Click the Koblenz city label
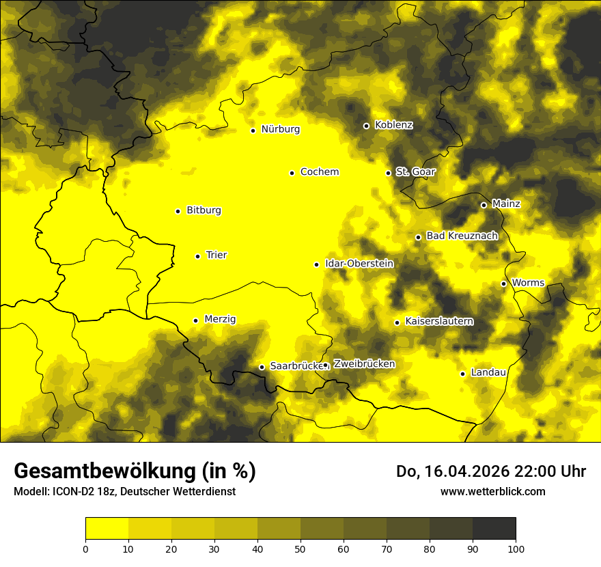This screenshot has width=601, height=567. [393, 125]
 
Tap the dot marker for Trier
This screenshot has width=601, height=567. [197, 256]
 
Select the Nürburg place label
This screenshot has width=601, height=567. [280, 129]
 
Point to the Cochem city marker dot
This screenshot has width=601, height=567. [292, 173]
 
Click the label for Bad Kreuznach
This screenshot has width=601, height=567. [462, 236]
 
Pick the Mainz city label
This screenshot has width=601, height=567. [505, 204]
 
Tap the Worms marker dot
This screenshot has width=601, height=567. [503, 283]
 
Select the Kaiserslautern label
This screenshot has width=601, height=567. [439, 321]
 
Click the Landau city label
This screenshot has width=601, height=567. [488, 372]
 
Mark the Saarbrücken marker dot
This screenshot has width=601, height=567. [262, 367]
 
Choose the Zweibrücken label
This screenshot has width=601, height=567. [364, 364]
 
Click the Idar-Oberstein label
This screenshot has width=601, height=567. [359, 264]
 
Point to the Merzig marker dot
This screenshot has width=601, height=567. [195, 320]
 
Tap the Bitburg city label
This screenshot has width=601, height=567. [204, 210]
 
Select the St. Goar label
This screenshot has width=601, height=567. [415, 171]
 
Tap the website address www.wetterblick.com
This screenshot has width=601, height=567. [492, 491]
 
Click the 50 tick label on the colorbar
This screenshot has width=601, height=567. [300, 549]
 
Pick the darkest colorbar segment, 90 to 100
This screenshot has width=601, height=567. [494, 528]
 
